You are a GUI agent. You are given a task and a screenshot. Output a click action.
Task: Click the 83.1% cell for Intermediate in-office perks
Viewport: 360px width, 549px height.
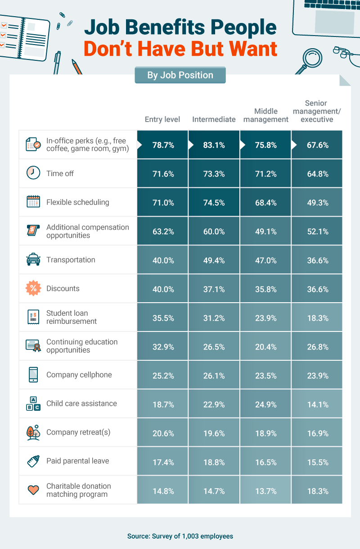pos(214,145)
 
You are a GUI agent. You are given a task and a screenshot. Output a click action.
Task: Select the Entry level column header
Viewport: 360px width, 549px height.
pos(162,119)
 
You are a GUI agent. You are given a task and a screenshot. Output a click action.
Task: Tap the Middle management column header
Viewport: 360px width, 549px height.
pos(265,115)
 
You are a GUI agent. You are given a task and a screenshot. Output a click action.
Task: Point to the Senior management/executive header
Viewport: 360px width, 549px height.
pos(317,111)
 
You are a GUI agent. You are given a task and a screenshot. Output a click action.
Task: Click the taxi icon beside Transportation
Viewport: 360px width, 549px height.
pos(33,260)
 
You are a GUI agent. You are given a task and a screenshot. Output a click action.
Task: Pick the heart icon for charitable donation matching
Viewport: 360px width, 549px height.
pos(33,490)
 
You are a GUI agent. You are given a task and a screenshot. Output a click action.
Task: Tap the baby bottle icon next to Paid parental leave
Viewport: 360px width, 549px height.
pos(33,461)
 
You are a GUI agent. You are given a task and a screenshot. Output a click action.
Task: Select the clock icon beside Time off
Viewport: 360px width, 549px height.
pos(33,173)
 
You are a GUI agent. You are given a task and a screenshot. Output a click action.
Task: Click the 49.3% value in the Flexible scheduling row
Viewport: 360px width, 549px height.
pos(317,203)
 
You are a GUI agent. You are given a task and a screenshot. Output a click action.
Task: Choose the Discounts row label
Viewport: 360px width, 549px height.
pos(63,289)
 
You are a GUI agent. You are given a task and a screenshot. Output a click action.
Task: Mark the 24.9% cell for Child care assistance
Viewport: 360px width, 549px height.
pos(265,404)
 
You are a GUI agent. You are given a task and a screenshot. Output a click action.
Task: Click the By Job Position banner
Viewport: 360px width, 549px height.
pos(180,75)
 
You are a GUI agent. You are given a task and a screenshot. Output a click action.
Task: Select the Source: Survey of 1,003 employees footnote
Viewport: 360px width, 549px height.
pos(180,536)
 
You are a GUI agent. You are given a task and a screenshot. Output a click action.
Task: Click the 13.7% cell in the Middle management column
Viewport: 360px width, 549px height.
pos(265,491)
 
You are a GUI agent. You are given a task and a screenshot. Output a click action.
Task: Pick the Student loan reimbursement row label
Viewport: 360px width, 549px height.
pos(71,317)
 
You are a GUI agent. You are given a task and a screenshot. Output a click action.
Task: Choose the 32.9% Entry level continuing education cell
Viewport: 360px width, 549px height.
pos(162,347)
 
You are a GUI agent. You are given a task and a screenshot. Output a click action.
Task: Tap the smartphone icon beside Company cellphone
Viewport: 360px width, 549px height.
pos(33,375)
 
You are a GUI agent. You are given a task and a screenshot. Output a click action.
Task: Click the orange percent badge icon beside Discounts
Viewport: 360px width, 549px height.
pos(33,289)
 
